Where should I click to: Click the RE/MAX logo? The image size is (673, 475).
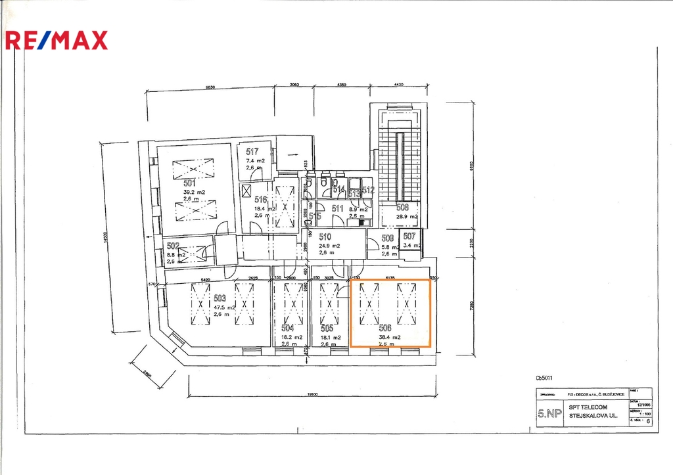click(x=56, y=40)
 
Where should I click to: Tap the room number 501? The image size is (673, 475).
click(x=190, y=183)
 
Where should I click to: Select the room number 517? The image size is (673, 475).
click(x=252, y=152)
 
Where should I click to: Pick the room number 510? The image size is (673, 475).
click(x=325, y=237)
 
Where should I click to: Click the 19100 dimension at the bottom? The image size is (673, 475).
click(x=312, y=395)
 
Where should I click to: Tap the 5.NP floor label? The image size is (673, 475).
click(x=549, y=413)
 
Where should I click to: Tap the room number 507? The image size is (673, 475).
click(x=409, y=237)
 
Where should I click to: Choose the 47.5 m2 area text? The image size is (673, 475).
click(x=225, y=307)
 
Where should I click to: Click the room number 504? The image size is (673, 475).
click(x=288, y=327)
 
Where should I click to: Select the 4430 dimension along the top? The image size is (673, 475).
click(x=398, y=85)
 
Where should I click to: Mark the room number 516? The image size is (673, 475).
click(x=261, y=200)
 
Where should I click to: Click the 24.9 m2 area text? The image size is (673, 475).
click(x=329, y=246)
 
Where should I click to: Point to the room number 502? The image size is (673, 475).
click(x=173, y=245)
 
